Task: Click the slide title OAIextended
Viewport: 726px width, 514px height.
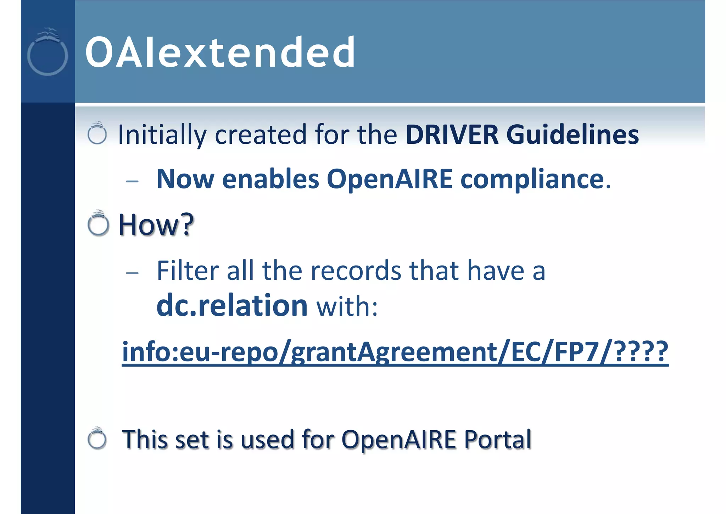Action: pyautogui.click(x=220, y=53)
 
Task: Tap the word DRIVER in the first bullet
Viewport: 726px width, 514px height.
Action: pyautogui.click(x=452, y=135)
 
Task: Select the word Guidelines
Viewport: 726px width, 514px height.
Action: pyautogui.click(x=573, y=135)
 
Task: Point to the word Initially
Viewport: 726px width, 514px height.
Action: pyautogui.click(x=162, y=135)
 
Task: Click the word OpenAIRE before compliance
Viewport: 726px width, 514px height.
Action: pyautogui.click(x=389, y=179)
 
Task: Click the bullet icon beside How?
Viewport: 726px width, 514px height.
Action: pyautogui.click(x=98, y=224)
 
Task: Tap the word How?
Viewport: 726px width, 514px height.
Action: pyautogui.click(x=156, y=224)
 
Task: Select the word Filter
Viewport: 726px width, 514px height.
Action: pyautogui.click(x=188, y=270)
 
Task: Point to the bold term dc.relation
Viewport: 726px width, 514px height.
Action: pyautogui.click(x=232, y=305)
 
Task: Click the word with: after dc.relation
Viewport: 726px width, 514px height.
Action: pyautogui.click(x=347, y=306)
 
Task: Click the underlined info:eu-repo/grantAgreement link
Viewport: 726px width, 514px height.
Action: pyautogui.click(x=395, y=351)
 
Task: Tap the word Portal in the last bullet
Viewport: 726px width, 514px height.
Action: pyautogui.click(x=498, y=439)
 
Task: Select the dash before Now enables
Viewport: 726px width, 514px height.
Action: pyautogui.click(x=132, y=181)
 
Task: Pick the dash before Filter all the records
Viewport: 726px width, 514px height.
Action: pyautogui.click(x=132, y=273)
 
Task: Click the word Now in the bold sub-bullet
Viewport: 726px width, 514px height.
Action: pyautogui.click(x=185, y=179)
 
